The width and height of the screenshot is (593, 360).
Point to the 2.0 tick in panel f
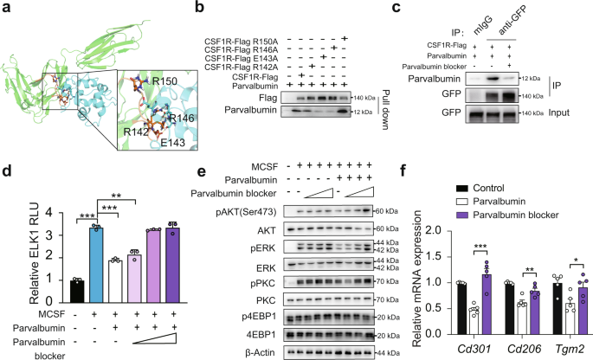click(x=441, y=231)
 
